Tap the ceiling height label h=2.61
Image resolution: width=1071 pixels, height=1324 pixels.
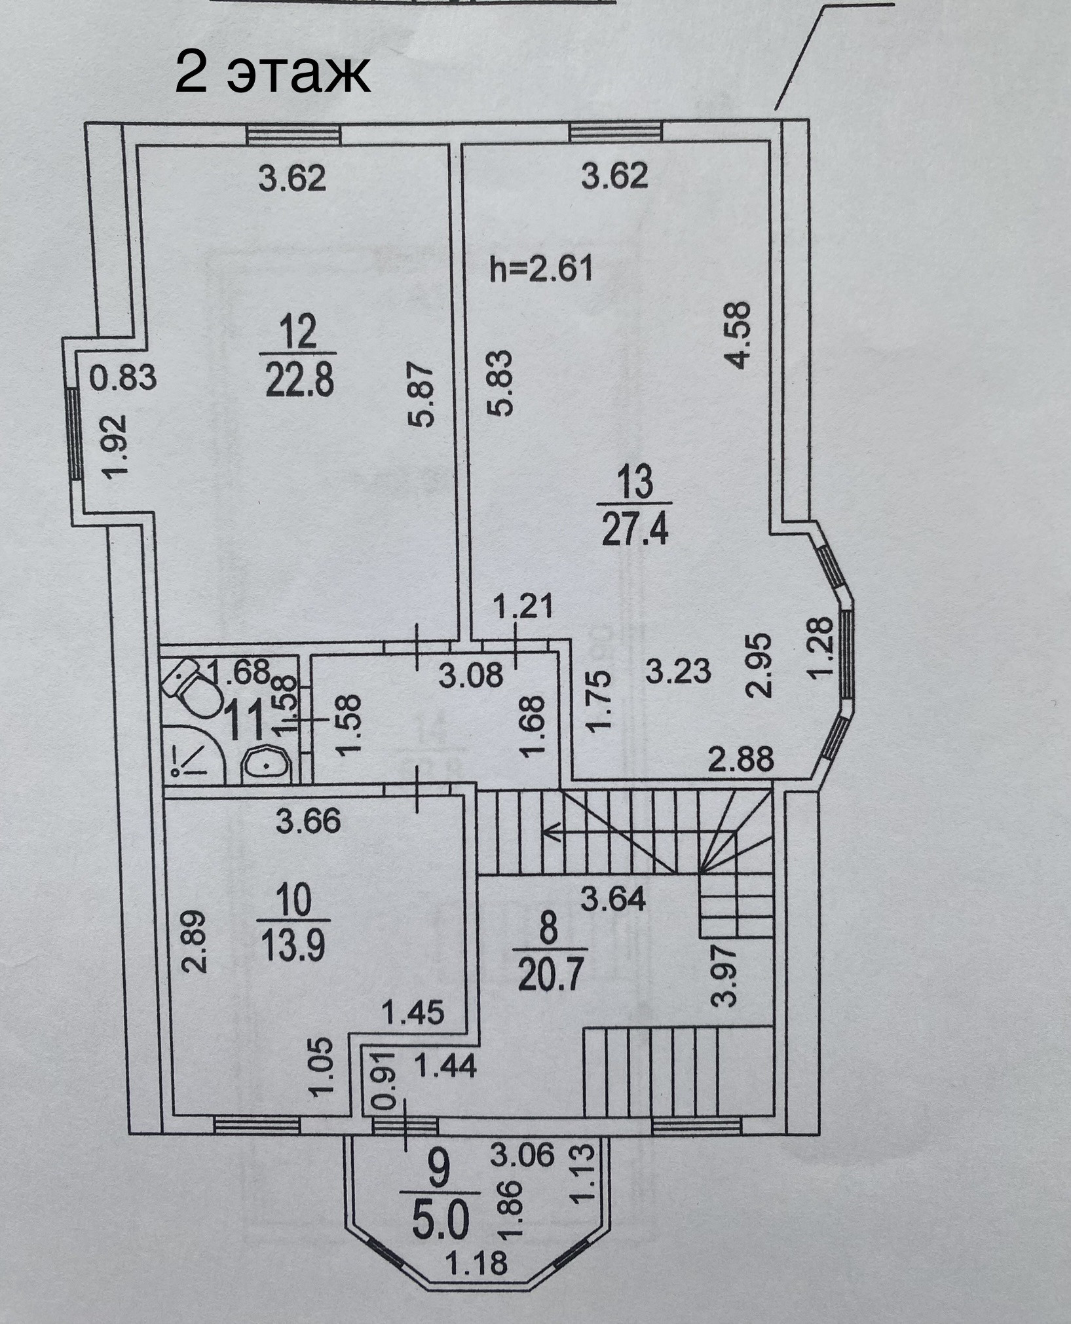(542, 269)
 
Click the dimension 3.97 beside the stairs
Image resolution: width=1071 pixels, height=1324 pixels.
(728, 979)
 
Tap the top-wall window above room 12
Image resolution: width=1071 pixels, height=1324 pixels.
(294, 134)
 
